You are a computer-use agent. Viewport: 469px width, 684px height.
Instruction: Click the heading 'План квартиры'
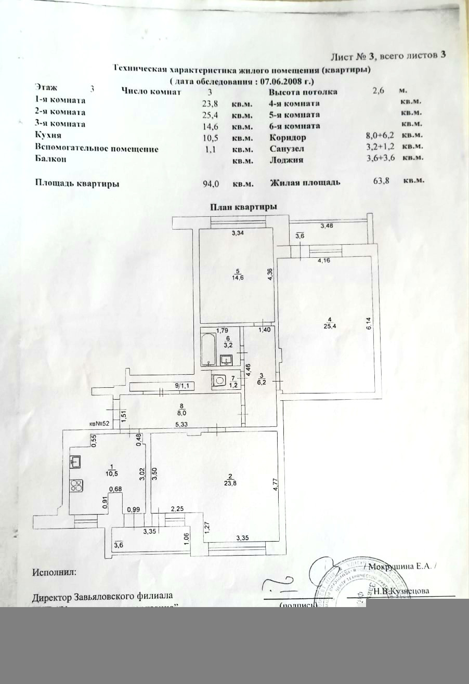click(x=243, y=206)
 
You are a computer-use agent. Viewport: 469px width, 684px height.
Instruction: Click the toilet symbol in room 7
click(x=219, y=381)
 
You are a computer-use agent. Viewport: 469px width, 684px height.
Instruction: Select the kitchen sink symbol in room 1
click(x=74, y=461)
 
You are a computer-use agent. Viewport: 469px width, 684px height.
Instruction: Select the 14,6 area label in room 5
click(x=238, y=278)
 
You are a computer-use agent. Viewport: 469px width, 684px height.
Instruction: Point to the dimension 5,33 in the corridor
click(x=181, y=425)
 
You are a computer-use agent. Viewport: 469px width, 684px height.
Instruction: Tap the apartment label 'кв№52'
click(x=99, y=423)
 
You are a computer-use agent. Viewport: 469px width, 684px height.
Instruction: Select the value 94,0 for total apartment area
click(x=211, y=183)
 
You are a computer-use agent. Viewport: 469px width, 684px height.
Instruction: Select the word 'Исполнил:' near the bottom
click(x=54, y=572)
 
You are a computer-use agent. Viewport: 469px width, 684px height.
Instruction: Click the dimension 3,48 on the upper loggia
click(x=328, y=226)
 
